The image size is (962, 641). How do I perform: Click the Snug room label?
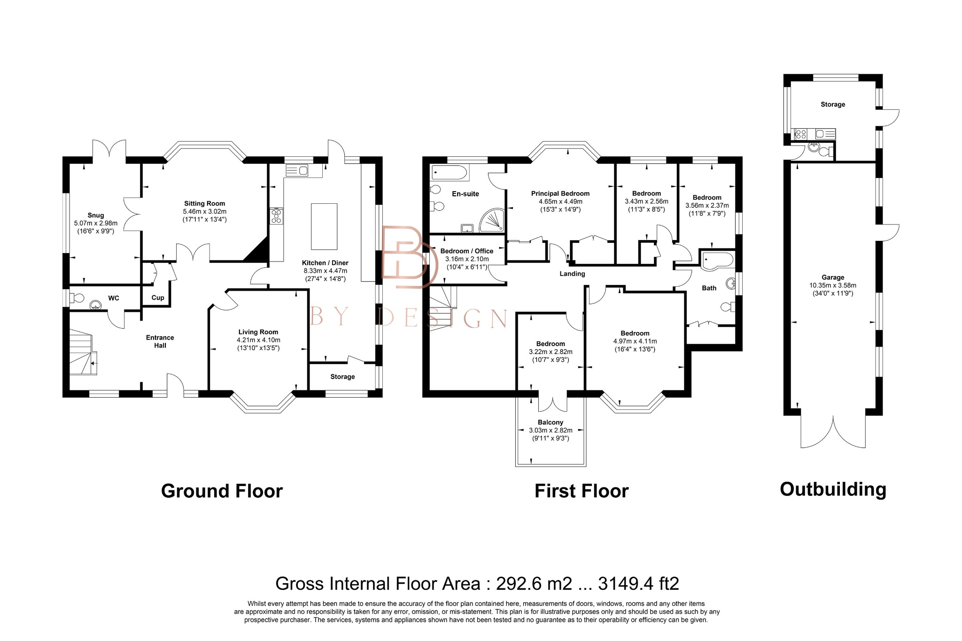pos(95,215)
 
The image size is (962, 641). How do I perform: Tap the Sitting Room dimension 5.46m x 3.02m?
pos(204,211)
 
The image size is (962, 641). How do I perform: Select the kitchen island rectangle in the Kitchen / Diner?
pos(324,226)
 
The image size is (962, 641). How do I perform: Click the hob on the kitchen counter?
pos(276,216)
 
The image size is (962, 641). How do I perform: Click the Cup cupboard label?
pos(158,298)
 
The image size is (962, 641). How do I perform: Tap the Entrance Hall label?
pos(160,341)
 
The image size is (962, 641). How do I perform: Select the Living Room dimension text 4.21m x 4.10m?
pos(258,340)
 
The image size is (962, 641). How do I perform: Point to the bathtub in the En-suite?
pos(450,172)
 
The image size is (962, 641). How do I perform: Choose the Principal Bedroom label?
pos(560,193)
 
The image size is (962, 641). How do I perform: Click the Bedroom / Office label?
pos(466,251)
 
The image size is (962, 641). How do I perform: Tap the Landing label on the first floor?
pos(572,274)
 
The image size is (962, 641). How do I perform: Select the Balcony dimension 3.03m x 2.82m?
pos(551,430)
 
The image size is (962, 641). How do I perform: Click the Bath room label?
pos(709,288)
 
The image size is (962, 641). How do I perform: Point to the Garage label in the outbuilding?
pos(833,278)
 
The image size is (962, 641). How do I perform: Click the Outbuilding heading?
pos(833,489)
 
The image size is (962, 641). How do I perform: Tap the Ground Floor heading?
pos(222,491)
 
